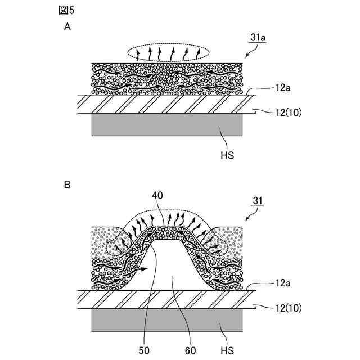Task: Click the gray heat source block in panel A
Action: point(167,125)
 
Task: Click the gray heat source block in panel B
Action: point(167,321)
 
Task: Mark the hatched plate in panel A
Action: point(167,104)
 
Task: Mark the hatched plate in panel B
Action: point(167,299)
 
